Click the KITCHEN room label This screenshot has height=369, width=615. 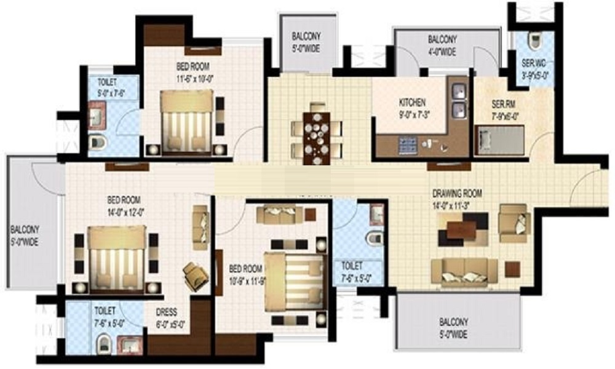click(412, 102)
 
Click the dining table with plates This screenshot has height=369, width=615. click(317, 131)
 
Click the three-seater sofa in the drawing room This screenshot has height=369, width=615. click(464, 272)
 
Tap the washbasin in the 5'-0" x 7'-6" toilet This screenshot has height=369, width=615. click(97, 117)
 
